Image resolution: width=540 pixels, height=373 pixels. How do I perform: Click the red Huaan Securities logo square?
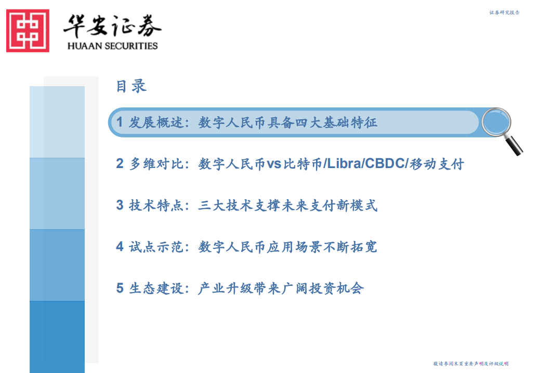(x=28, y=31)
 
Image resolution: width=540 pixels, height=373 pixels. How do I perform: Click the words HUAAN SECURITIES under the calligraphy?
(x=112, y=46)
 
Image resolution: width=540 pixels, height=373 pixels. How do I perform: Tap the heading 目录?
(x=131, y=86)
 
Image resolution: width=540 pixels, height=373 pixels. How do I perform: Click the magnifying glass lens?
(x=496, y=122)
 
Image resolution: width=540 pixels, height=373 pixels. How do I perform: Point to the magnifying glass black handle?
(x=515, y=146)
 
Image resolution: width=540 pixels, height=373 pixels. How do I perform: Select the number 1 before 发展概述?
(x=120, y=123)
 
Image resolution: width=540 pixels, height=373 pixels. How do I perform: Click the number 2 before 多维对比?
(x=120, y=164)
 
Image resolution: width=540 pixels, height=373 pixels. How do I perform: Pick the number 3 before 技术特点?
(x=120, y=206)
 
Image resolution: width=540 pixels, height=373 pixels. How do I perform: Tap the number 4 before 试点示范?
(x=120, y=247)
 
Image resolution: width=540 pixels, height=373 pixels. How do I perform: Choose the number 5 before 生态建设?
(x=120, y=288)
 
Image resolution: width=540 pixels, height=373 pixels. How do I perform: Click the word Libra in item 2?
(x=344, y=164)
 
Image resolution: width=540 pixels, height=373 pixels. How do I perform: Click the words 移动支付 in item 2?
(x=437, y=164)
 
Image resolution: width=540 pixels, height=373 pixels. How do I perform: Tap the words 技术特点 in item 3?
(x=155, y=206)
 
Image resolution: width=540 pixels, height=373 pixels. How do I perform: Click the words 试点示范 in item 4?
(x=155, y=247)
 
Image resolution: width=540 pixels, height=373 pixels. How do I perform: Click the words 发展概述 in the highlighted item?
(x=155, y=123)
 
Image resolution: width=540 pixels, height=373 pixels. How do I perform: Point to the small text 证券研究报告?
(x=504, y=12)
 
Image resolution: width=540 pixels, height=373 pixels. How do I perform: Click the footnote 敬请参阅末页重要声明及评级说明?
(x=470, y=364)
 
